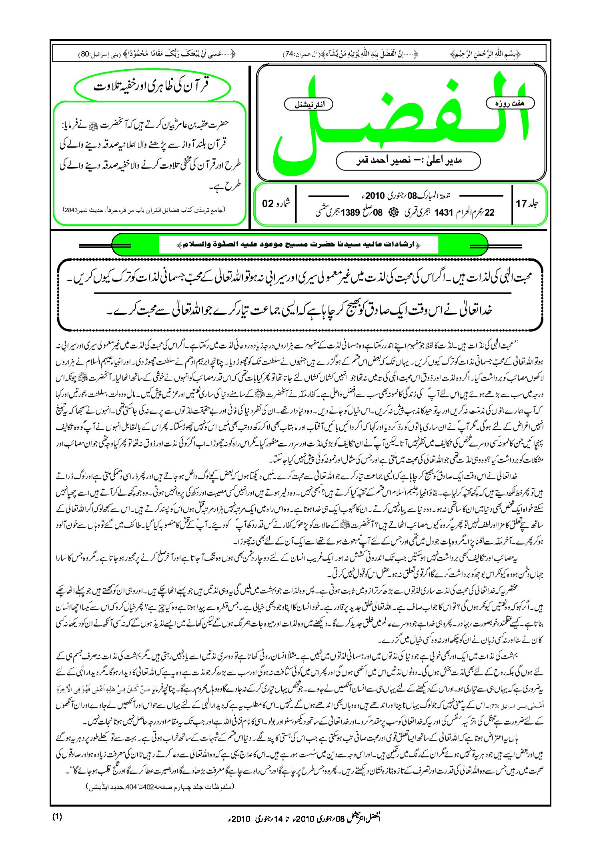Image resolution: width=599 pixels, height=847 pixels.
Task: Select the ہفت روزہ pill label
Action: pyautogui.click(x=510, y=103)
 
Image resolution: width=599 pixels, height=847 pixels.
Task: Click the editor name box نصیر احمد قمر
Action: pyautogui.click(x=408, y=160)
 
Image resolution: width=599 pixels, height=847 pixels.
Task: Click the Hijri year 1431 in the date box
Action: pyautogui.click(x=443, y=212)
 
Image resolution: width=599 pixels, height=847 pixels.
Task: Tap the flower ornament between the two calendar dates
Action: pyautogui.click(x=393, y=212)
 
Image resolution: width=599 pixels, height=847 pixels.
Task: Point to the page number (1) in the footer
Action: pyautogui.click(x=57, y=817)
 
